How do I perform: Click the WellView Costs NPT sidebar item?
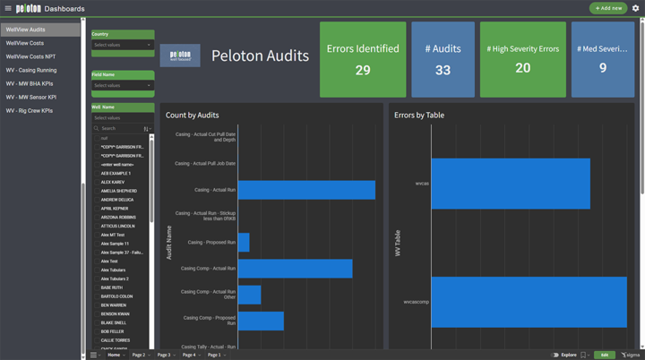pos(30,56)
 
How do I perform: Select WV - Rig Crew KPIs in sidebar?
pos(30,111)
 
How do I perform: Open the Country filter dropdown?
pos(123,45)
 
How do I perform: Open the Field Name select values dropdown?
pos(123,86)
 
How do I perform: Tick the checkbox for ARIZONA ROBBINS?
pos(97,218)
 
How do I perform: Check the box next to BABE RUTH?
pos(97,287)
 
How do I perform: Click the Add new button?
pos(608,8)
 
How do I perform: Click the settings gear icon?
pos(636,8)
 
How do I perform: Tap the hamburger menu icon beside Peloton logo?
pos(8,8)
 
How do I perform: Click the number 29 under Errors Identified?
pos(363,70)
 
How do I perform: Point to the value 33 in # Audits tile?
pos(443,70)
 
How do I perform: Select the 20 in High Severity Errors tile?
pos(522,68)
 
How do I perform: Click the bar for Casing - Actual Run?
pos(306,190)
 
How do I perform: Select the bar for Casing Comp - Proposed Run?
pos(261,321)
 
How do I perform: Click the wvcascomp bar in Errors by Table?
pos(529,302)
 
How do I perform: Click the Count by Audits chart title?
pos(192,115)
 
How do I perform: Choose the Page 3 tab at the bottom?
pos(164,355)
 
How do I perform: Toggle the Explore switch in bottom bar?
pos(555,355)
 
